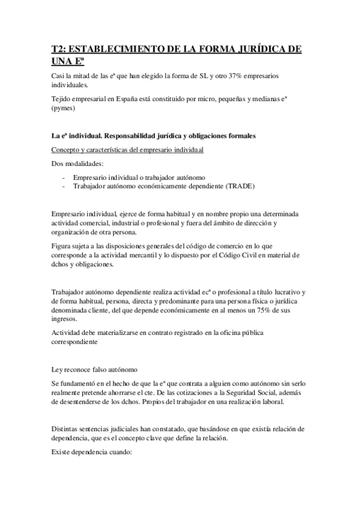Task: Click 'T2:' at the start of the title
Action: point(58,50)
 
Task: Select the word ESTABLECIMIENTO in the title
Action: point(117,50)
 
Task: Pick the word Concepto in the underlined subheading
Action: point(66,149)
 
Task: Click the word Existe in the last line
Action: point(63,450)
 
